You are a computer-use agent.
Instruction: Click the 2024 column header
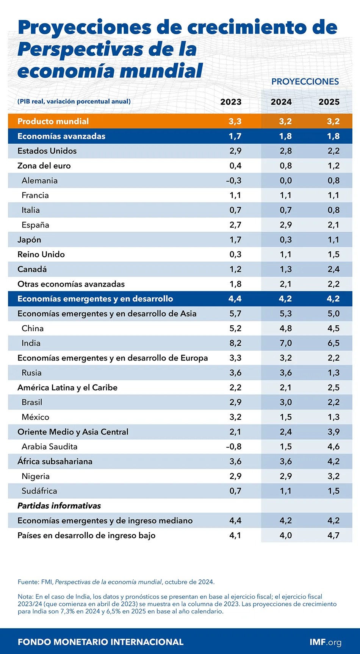[281, 102]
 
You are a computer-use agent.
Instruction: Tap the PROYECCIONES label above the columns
[305, 82]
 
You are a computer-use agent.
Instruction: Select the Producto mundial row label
[53, 121]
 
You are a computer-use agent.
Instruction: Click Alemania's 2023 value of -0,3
[234, 180]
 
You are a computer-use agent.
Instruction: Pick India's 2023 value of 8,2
[235, 343]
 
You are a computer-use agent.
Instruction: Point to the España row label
[35, 225]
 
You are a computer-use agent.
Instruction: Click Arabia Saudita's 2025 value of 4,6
[333, 447]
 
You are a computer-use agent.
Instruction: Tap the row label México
[35, 417]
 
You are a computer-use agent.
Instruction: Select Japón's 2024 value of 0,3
[286, 240]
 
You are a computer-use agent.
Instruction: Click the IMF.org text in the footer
[325, 642]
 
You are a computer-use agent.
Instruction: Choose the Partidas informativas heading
[59, 506]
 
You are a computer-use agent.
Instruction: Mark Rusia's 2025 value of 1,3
[333, 373]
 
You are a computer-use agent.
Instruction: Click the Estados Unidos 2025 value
[333, 151]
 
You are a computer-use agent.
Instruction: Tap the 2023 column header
[231, 102]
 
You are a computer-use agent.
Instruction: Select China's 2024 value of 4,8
[286, 328]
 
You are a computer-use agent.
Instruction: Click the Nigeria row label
[36, 476]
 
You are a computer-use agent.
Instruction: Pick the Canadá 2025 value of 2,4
[333, 269]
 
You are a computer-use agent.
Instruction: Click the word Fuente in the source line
[28, 582]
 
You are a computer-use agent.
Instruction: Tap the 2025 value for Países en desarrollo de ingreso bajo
[333, 535]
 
